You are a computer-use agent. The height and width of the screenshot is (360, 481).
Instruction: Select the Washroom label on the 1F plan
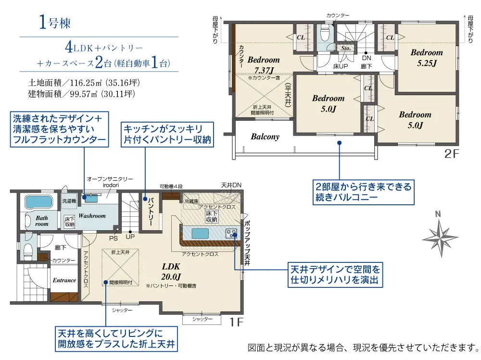[x=92, y=216]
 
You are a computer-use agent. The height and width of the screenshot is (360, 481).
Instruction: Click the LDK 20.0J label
[x=171, y=272]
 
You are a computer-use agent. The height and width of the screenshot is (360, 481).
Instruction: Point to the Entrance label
[x=64, y=280]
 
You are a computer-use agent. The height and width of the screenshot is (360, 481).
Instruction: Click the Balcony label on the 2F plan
[x=265, y=137]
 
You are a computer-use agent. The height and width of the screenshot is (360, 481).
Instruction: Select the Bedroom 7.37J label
[x=264, y=65]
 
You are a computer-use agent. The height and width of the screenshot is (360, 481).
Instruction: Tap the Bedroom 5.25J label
[x=427, y=58]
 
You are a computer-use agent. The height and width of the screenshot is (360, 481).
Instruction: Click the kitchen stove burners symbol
[x=231, y=234]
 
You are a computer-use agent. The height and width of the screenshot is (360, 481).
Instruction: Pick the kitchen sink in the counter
[x=200, y=234]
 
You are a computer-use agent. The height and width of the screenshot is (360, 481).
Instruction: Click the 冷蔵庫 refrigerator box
[x=191, y=201]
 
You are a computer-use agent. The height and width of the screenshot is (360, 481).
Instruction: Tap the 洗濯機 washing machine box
[x=69, y=201]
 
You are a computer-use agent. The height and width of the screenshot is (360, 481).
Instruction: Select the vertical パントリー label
[x=151, y=211]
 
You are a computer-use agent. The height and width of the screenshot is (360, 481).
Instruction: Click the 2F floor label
[x=452, y=154]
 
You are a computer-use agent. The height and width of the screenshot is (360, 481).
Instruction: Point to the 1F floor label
[x=236, y=322]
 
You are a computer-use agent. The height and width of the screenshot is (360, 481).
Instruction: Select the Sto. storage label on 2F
[x=346, y=48]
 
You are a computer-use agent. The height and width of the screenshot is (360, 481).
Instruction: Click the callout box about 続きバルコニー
[x=364, y=192]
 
